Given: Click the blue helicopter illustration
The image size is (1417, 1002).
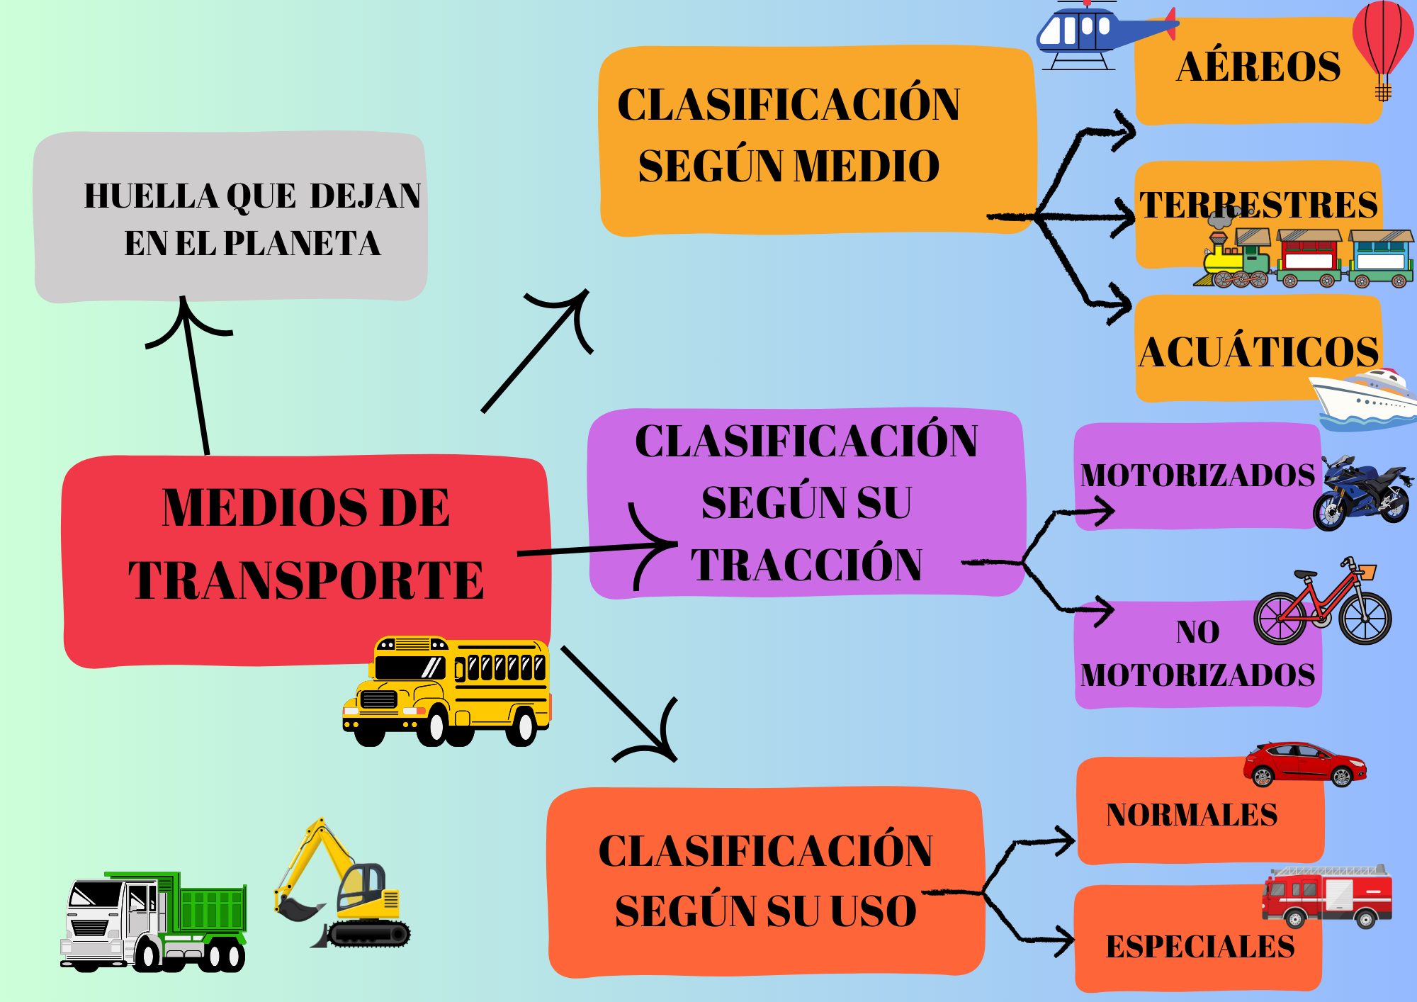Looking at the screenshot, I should tap(1091, 32).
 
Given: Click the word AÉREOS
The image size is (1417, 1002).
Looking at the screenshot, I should tap(1258, 67).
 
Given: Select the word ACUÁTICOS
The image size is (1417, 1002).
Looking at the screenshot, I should tap(1258, 352).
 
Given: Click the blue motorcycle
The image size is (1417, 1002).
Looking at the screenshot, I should tap(1362, 494).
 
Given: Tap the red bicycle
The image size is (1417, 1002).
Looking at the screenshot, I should tap(1322, 606).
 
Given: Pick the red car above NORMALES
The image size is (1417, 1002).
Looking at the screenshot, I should tap(1304, 765).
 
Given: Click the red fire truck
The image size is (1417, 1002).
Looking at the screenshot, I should tap(1327, 896).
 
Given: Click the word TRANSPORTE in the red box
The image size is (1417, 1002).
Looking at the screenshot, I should tap(306, 580).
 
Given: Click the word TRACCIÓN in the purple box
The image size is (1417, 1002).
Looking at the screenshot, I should tap(806, 565).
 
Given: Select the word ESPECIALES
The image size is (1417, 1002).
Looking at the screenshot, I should tap(1199, 947).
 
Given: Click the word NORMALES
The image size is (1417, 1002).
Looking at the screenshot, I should tap(1191, 815).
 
